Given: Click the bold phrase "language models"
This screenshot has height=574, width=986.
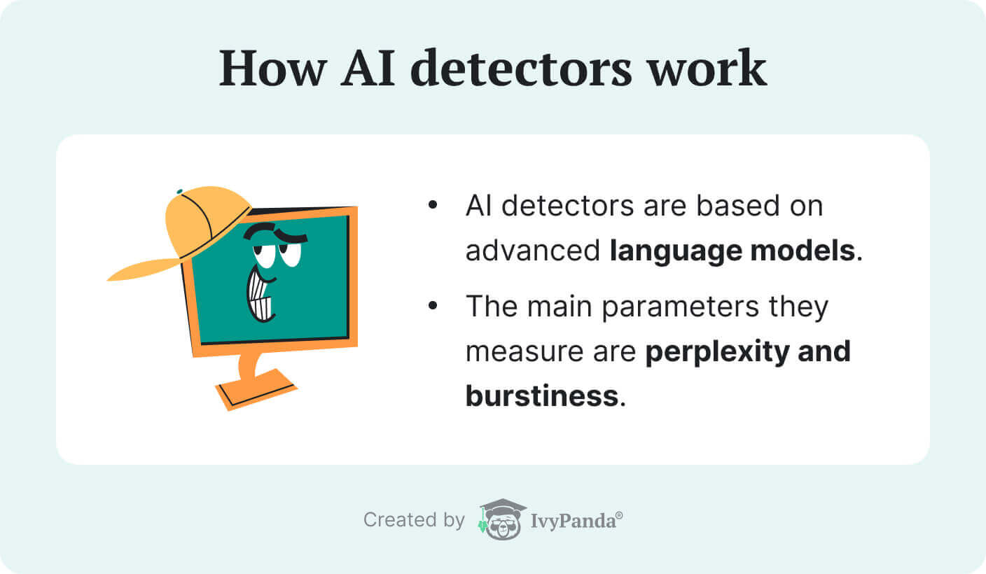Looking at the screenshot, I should (x=732, y=251).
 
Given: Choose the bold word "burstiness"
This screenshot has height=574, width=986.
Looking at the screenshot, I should (x=541, y=395).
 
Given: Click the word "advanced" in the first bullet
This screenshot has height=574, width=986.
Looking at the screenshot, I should (x=532, y=251).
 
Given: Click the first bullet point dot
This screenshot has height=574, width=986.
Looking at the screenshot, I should (x=432, y=206).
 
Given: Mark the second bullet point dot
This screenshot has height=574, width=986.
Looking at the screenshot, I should (x=432, y=306).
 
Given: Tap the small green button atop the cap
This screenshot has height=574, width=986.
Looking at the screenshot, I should (x=180, y=190).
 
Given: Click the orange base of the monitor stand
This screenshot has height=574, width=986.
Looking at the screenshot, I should (x=256, y=391).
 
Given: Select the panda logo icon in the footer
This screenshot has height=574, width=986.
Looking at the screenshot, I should (x=503, y=519).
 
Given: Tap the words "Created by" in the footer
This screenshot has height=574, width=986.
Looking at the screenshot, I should (x=413, y=520).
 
